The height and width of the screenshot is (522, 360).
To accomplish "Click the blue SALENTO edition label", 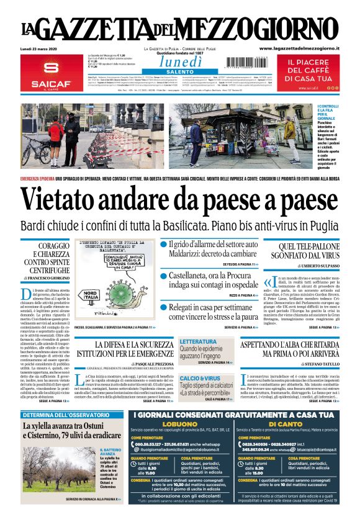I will pos(179,72).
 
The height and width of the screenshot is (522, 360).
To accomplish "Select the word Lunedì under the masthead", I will pos(179,61).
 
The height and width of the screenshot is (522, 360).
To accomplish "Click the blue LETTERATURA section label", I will pos(198,341).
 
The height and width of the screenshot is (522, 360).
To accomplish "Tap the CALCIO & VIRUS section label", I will pos(200,377).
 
